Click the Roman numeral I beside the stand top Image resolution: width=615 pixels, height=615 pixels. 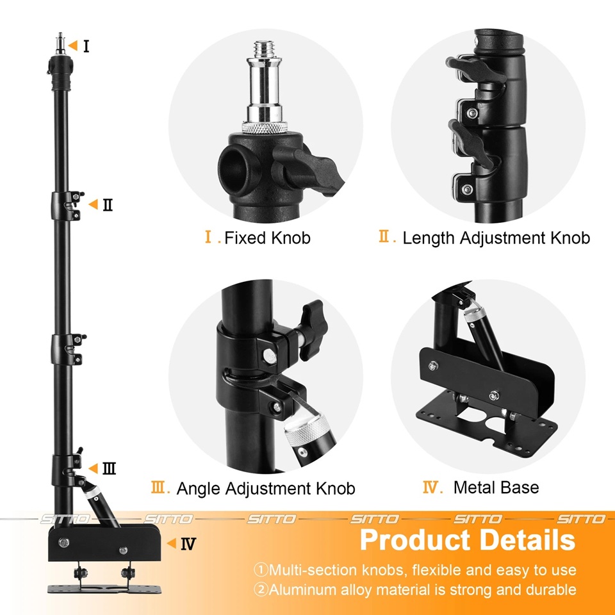[x=86, y=46]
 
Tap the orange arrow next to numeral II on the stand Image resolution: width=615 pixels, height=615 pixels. [x=93, y=204]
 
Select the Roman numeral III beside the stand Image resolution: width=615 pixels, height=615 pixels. [x=109, y=468]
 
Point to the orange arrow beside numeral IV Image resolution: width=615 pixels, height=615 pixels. [x=172, y=543]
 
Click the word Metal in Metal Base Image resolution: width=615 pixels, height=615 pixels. [x=473, y=488]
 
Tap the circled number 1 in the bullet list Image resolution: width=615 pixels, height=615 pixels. [x=261, y=570]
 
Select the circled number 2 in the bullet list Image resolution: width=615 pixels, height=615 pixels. [x=261, y=589]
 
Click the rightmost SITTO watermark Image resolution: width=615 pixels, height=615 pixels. [x=581, y=520]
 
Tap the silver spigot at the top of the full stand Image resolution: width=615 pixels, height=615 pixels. [x=60, y=43]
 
